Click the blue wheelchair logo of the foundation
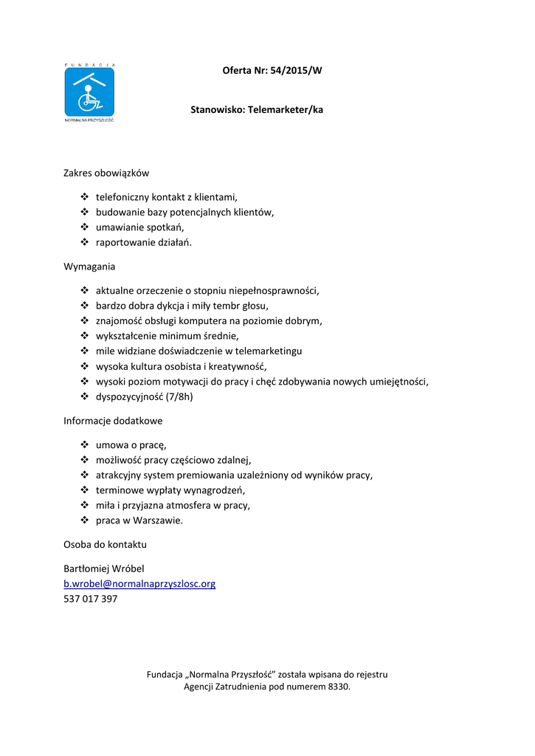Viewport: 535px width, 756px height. point(89,92)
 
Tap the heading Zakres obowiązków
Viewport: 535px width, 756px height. point(106,173)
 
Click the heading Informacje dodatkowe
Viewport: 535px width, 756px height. point(113,421)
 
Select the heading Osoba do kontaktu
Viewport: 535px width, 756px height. point(105,545)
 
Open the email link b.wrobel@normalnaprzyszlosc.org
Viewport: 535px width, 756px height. point(139,584)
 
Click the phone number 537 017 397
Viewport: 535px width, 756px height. point(91,599)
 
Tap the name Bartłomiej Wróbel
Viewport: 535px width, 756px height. point(104,568)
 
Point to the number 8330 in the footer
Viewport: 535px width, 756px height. point(338,687)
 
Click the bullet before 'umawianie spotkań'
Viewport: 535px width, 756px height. point(84,227)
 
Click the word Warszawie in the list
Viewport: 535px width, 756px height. point(157,521)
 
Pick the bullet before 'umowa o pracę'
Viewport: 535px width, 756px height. point(84,444)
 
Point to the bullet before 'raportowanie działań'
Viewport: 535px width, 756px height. point(84,243)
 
